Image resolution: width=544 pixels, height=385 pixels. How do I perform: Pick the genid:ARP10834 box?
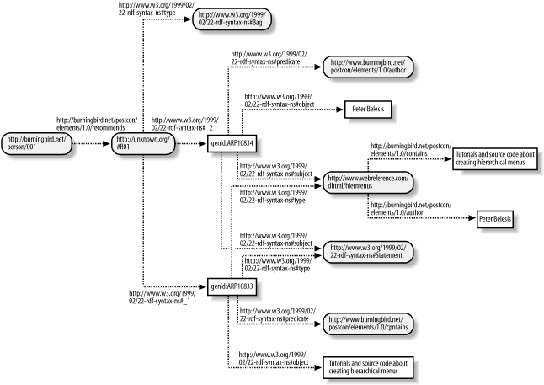(232, 144)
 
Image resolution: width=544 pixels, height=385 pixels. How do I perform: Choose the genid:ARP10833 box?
(232, 287)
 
